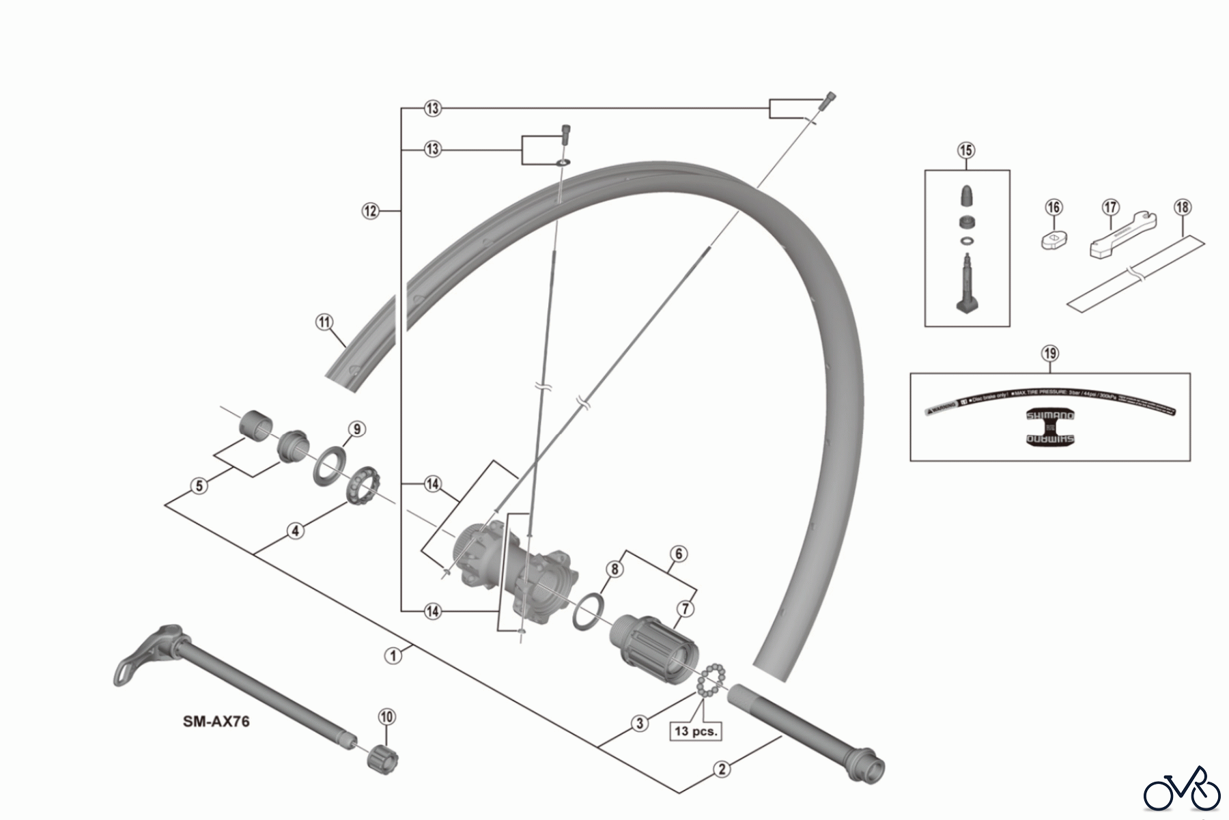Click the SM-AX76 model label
[216, 721]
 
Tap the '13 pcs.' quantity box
[696, 731]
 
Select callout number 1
[393, 655]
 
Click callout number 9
[356, 429]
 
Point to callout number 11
[324, 322]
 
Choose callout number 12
[370, 211]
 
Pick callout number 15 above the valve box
[966, 150]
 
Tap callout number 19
[1049, 353]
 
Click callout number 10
[386, 717]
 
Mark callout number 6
[678, 554]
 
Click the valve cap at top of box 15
[966, 195]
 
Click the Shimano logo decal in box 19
[1050, 427]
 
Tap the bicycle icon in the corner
[1182, 793]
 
